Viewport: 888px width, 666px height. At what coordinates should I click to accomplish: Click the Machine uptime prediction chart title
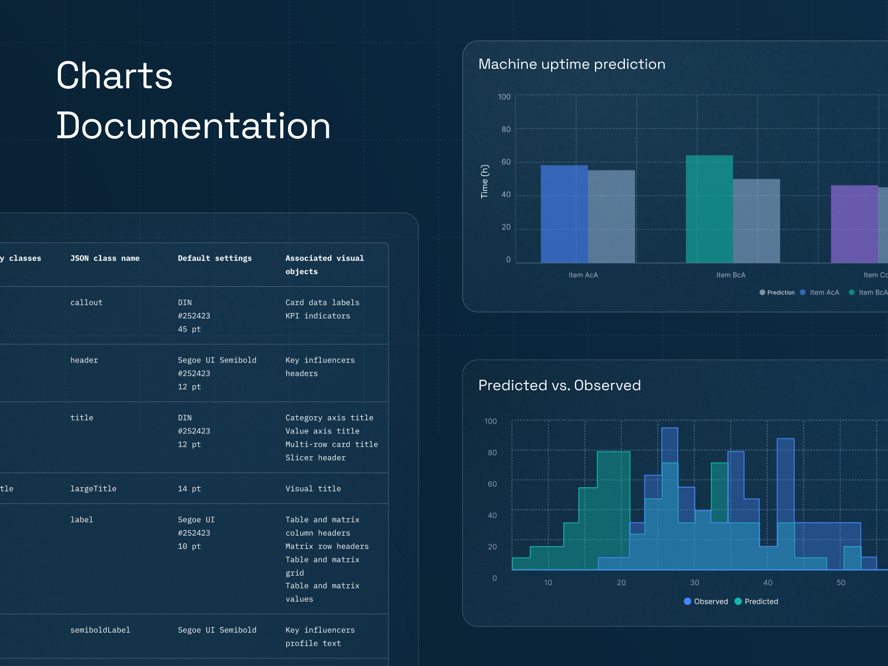(x=572, y=64)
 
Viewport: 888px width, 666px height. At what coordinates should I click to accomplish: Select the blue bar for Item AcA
(x=564, y=214)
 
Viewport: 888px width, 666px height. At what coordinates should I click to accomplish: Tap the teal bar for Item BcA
(x=709, y=209)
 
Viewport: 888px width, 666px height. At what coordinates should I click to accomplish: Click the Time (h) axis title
(x=485, y=181)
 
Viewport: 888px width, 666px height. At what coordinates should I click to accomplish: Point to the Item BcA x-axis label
(x=730, y=275)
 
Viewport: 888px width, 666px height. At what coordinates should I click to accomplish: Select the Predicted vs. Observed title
(x=559, y=385)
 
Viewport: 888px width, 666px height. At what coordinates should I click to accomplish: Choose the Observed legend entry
(x=706, y=602)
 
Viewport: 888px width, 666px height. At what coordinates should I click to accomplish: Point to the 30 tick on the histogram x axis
(x=694, y=583)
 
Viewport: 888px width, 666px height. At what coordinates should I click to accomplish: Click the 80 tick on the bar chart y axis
(x=506, y=129)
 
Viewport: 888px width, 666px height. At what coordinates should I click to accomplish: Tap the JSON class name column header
(x=105, y=259)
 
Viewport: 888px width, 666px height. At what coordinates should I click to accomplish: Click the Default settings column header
(x=215, y=259)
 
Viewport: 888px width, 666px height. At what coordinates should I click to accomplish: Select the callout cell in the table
(x=87, y=303)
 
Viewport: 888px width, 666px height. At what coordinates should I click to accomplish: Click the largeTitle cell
(x=93, y=489)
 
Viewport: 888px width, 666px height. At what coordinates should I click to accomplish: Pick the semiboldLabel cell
(x=100, y=630)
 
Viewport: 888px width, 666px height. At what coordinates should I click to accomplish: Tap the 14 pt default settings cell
(x=189, y=489)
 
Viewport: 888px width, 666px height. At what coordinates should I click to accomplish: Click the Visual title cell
(x=313, y=489)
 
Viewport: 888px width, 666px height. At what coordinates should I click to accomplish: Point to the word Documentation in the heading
(x=193, y=125)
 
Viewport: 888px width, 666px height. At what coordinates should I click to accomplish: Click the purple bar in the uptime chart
(x=854, y=224)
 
